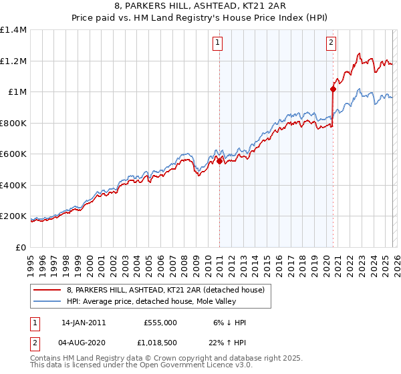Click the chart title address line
200,6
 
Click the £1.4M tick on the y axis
13,30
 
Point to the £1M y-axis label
17,92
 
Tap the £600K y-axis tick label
13,154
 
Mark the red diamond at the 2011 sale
219,161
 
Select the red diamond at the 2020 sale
332,88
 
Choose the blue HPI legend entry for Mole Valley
158,301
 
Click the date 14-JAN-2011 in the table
84,323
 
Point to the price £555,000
160,323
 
